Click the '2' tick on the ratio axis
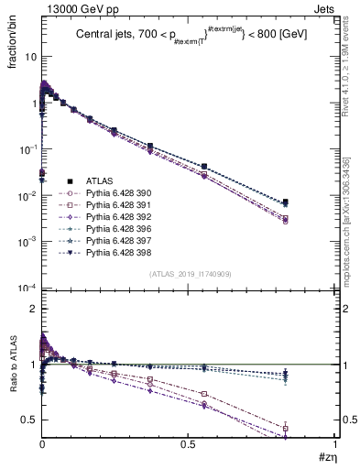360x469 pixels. coord(32,310)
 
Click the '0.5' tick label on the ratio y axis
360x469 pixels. coord(27,420)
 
